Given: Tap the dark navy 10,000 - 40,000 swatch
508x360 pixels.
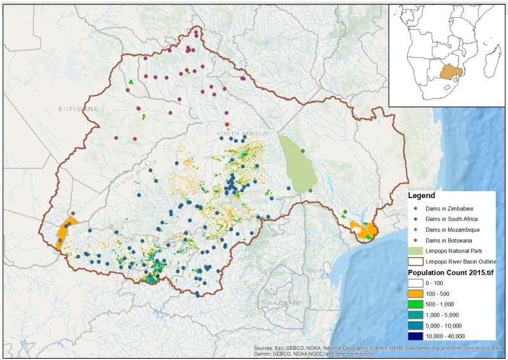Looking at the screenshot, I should point(416,336).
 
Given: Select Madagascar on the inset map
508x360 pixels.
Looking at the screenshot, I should point(491,60).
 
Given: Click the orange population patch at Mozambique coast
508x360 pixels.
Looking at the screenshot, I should point(366,230).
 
